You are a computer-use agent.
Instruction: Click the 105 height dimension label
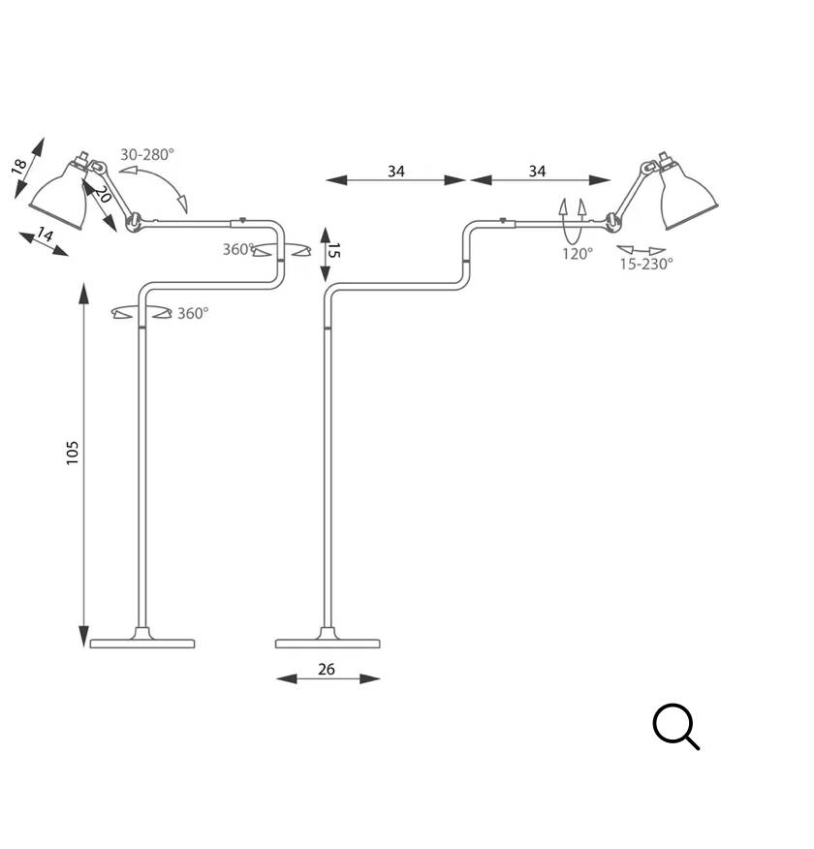click(73, 453)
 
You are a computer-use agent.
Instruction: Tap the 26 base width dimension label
click(326, 669)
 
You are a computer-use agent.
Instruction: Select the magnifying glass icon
click(675, 727)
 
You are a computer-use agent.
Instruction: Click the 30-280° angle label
click(147, 154)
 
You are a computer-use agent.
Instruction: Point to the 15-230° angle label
click(645, 264)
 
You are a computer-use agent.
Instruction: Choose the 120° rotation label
click(578, 254)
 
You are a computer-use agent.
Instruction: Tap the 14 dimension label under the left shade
click(45, 234)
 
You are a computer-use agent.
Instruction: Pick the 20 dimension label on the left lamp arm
click(104, 194)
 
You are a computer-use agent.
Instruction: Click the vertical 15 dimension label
click(334, 250)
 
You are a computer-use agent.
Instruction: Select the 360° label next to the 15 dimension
click(238, 249)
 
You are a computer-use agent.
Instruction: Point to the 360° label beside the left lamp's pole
click(192, 313)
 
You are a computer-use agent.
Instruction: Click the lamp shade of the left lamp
click(60, 198)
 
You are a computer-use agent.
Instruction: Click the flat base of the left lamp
click(142, 643)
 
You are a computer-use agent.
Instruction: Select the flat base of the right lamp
click(328, 643)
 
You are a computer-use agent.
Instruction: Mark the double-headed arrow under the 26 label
click(328, 679)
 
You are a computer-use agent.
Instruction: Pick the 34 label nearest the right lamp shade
click(537, 172)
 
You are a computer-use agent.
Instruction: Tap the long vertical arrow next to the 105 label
click(85, 465)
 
